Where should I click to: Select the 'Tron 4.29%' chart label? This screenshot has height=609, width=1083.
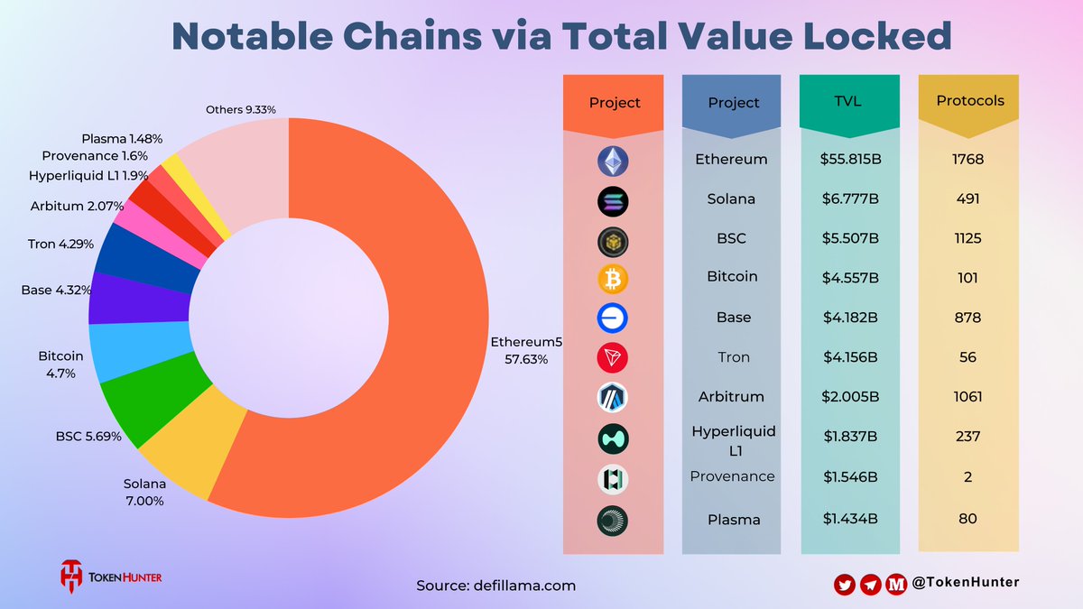point(60,244)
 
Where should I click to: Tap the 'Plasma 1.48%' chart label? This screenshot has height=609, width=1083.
point(121,139)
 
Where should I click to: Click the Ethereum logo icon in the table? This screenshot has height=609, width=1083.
point(613,161)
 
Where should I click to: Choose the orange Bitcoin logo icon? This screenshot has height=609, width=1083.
point(613,279)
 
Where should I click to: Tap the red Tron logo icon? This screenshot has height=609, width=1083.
point(613,358)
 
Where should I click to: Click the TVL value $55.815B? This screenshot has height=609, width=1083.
point(849,160)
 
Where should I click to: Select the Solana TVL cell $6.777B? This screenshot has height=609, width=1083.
point(849,198)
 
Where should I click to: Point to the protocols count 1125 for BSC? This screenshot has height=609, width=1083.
point(967,238)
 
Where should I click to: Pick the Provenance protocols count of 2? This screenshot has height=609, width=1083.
point(967,476)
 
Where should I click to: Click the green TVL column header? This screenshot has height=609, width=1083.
point(849,101)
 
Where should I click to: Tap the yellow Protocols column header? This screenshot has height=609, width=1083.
point(969,101)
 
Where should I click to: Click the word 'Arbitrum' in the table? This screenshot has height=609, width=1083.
point(732,397)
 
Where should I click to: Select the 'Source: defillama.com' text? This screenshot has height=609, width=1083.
point(495,586)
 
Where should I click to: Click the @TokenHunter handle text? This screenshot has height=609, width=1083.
point(965,584)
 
